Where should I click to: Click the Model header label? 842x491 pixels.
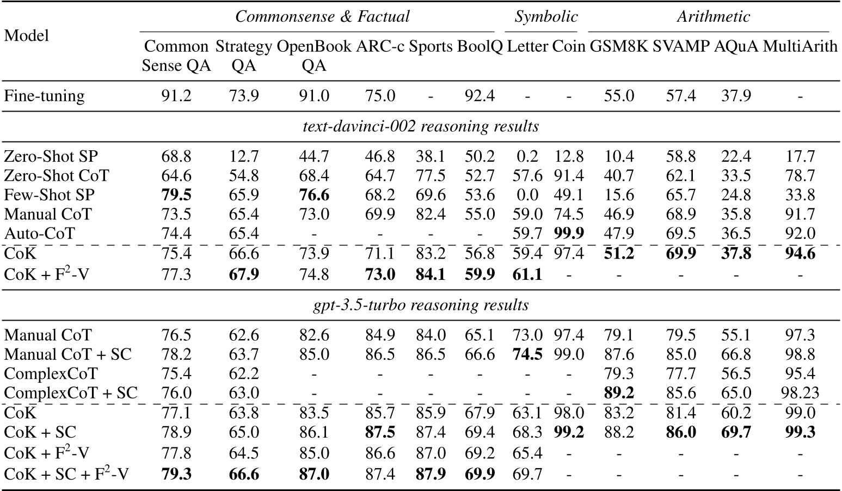point(26,36)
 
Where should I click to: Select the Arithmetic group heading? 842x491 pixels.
point(713,17)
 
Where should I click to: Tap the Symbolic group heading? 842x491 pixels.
point(546,17)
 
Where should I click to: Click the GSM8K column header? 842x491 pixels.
point(619,47)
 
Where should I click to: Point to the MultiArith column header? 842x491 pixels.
point(800,47)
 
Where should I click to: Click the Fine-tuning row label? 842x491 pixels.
point(44,96)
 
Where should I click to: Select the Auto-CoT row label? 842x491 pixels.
point(39,234)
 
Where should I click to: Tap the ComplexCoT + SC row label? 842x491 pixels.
point(71,393)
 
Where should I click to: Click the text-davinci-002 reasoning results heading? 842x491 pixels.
point(421,127)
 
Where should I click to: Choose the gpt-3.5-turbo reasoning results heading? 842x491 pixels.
point(421,305)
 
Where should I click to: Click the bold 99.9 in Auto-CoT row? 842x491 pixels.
point(568,234)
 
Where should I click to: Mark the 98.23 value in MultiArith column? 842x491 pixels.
point(800,393)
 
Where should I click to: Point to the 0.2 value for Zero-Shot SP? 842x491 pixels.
point(527,157)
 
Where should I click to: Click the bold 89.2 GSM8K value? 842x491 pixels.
point(619,393)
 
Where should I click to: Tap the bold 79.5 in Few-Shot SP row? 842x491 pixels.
point(176,195)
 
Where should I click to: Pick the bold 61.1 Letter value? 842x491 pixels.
point(527,274)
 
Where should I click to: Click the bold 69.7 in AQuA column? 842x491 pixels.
point(736,432)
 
